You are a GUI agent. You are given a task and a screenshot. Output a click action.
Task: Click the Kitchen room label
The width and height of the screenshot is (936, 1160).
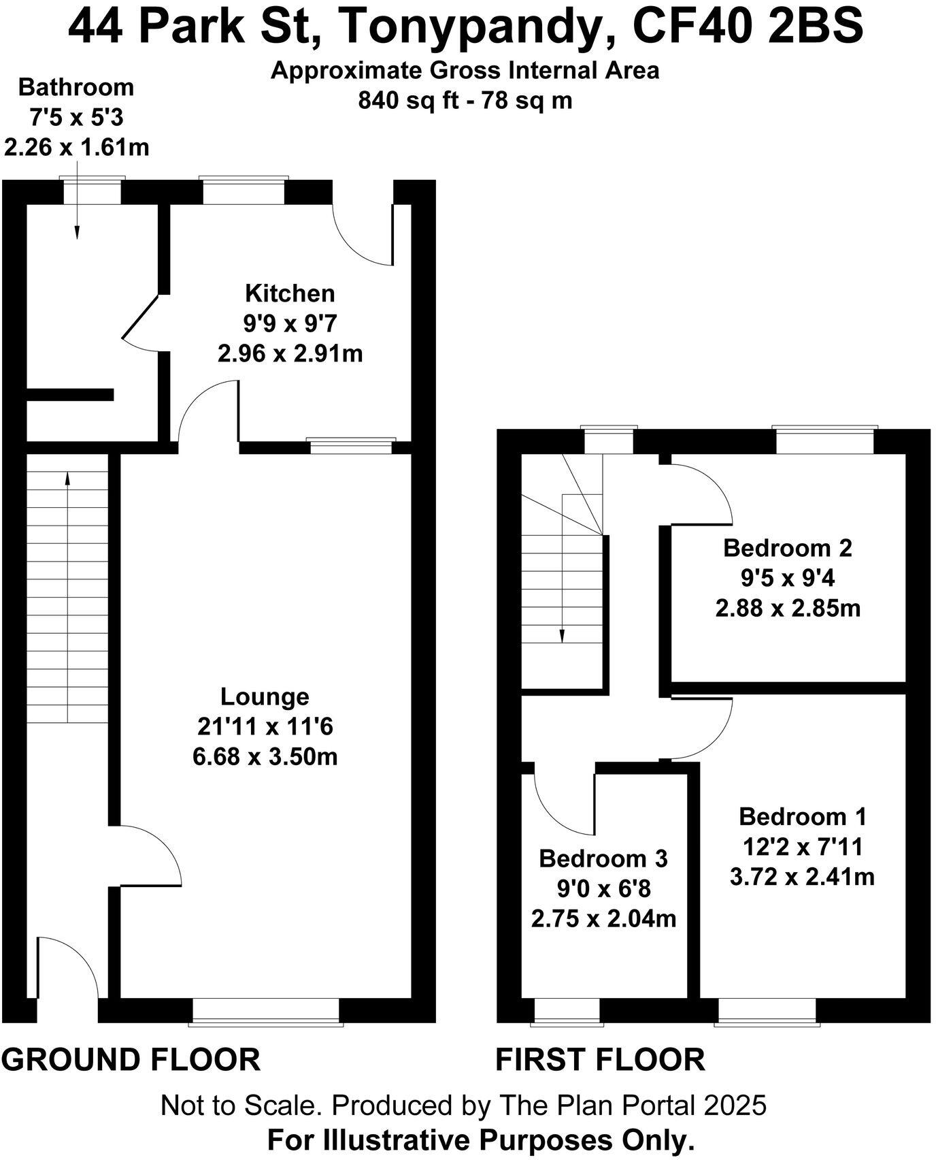point(290,293)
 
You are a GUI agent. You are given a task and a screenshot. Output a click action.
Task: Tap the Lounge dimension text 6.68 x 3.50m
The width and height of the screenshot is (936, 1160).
point(265,756)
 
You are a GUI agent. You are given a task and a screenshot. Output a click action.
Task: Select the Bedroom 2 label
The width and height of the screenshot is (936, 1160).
point(788,547)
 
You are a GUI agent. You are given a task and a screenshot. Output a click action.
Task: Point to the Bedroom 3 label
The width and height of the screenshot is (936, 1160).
point(603,858)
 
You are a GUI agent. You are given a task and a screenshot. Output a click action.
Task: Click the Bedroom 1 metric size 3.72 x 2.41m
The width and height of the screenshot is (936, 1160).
point(802,877)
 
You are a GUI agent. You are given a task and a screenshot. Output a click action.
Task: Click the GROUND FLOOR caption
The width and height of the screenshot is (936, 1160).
point(131,1059)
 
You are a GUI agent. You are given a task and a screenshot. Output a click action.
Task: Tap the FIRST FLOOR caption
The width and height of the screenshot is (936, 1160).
point(600,1059)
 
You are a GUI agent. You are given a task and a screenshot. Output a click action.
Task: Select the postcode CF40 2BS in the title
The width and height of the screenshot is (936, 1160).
point(748,27)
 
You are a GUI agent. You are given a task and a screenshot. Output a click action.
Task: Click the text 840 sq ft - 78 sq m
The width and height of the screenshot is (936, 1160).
point(465,101)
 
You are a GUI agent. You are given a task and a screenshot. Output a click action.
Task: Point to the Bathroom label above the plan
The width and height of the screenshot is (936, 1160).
point(76,87)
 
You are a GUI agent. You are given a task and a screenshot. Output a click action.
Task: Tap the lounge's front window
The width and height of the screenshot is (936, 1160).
point(265,1011)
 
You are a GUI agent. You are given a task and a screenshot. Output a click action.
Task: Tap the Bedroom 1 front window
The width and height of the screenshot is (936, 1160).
point(767,1011)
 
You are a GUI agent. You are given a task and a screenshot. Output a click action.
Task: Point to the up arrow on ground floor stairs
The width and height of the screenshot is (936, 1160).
point(67,480)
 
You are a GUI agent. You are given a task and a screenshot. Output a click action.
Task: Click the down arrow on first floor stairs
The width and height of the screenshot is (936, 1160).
point(562,634)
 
